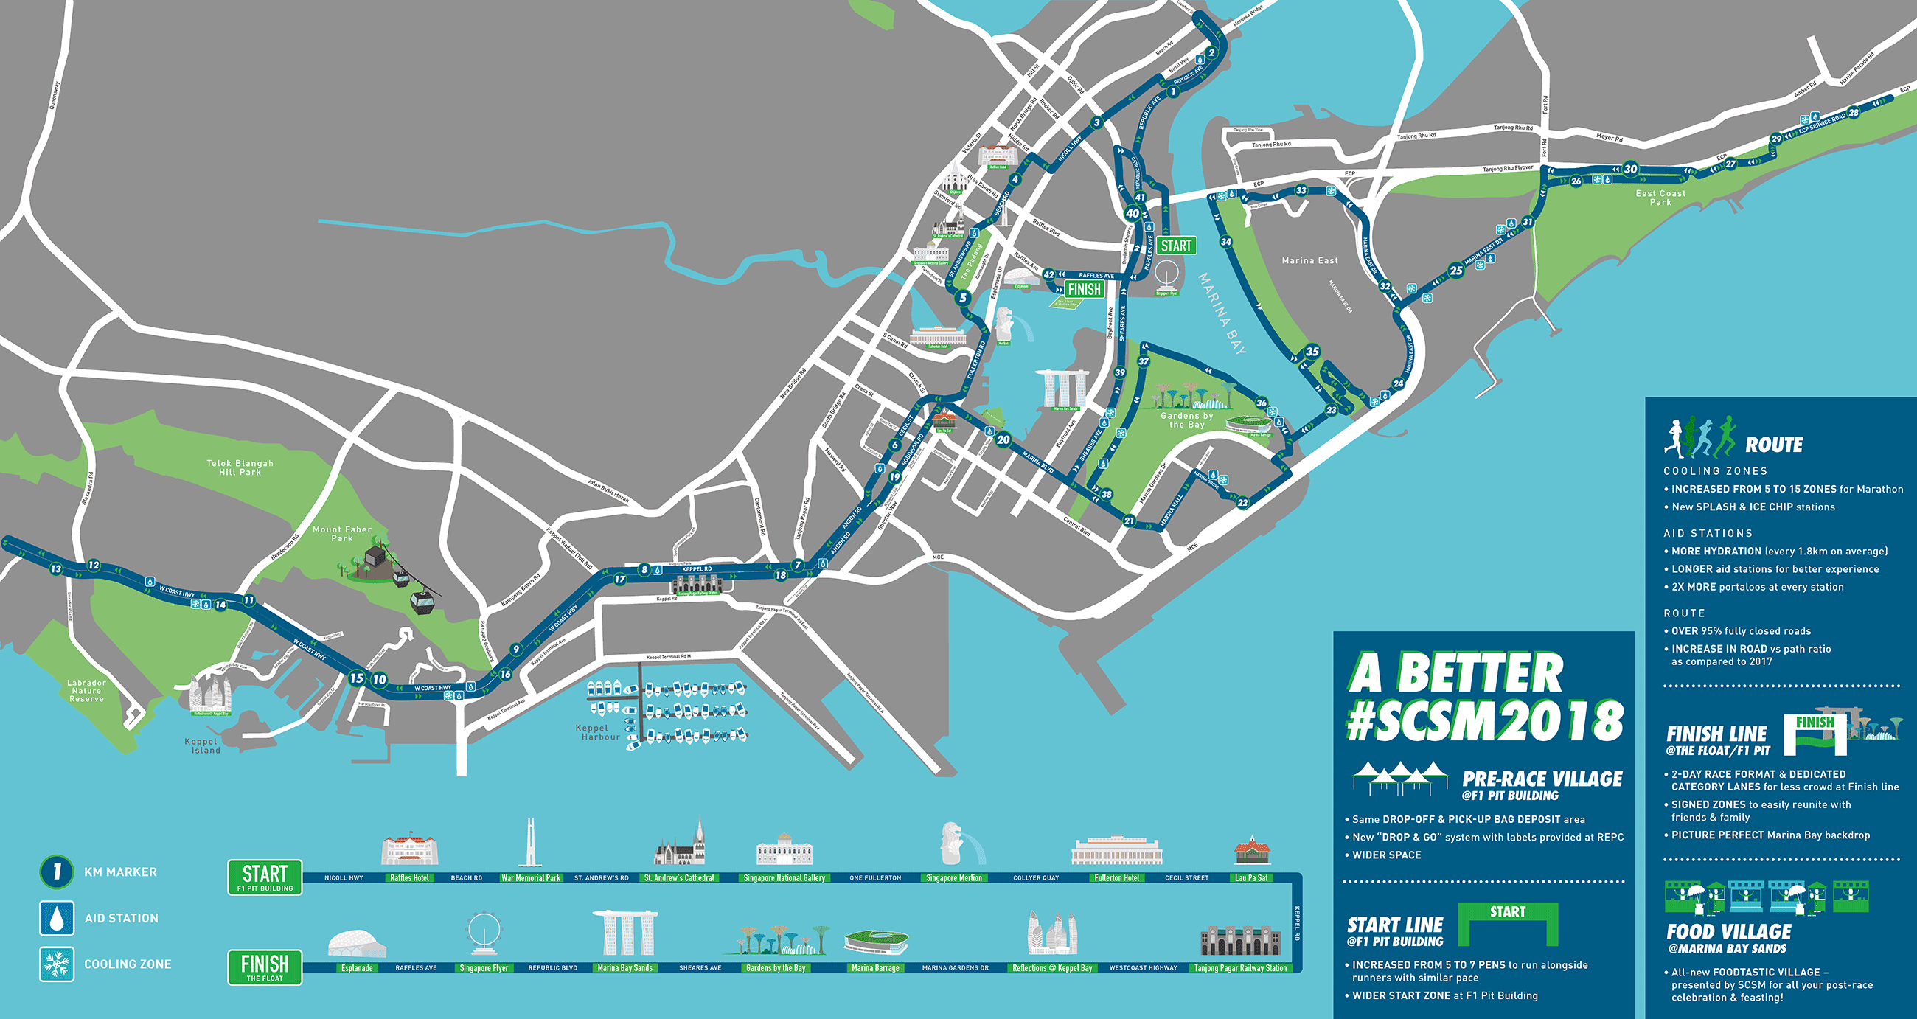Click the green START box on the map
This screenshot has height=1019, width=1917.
pos(1176,246)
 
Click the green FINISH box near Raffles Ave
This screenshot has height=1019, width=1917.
pos(1084,290)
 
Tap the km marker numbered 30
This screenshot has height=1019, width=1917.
pos(1630,169)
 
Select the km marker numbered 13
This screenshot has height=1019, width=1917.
pos(56,568)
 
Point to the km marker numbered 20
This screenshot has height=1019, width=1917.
pos(1003,439)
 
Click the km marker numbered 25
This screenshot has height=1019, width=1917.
pos(1455,270)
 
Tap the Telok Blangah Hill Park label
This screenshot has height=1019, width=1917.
pos(240,467)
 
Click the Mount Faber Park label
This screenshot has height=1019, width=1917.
pos(341,534)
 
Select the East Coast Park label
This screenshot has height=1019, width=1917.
pos(1660,198)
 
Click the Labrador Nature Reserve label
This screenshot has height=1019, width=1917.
pos(86,691)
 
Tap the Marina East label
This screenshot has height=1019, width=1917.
pos(1309,260)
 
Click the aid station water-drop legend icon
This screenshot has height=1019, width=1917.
pos(57,918)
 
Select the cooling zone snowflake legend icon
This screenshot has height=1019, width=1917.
pos(57,964)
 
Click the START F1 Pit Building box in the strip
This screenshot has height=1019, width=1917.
pos(265,876)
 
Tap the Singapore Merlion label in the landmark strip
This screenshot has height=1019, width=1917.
pos(953,878)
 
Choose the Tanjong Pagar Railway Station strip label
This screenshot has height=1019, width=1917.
pos(1240,968)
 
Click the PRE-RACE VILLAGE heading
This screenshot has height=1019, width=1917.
pos(1542,779)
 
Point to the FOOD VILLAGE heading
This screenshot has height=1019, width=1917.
pos(1729,932)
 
